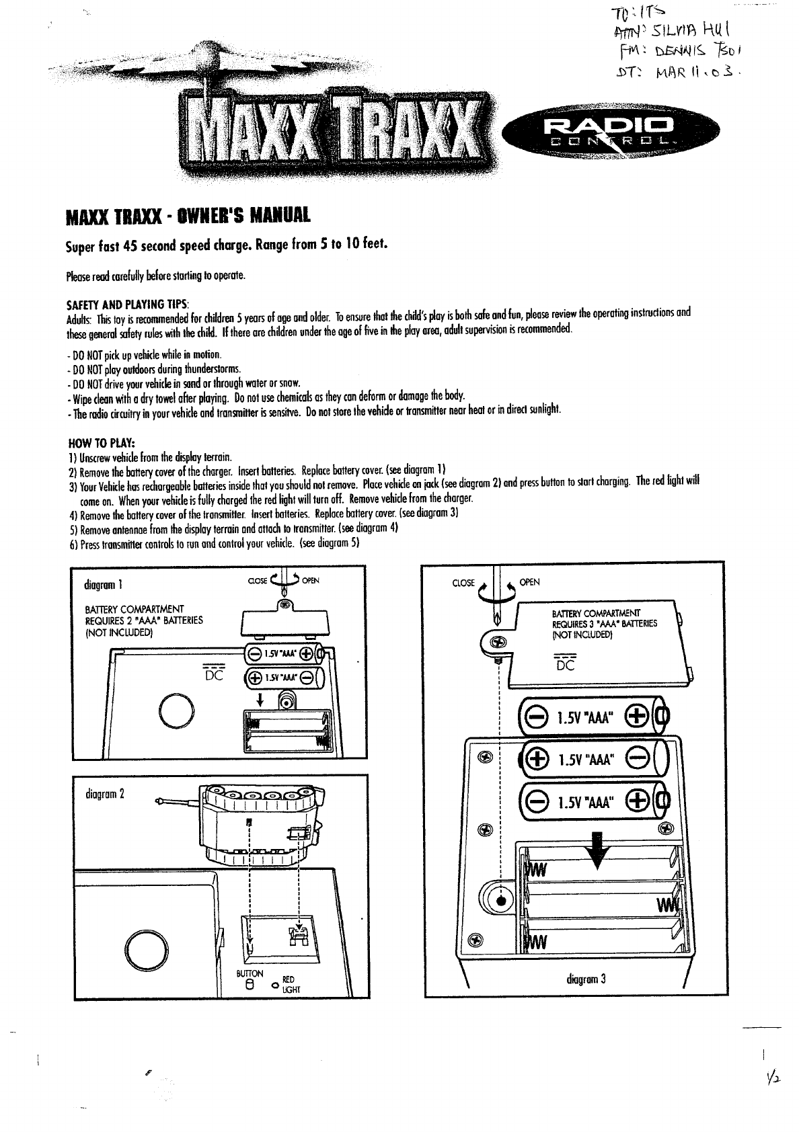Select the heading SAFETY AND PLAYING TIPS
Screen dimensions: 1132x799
pos(128,304)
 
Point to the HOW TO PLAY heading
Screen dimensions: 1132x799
pos(102,442)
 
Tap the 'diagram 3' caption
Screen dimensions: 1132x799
pos(586,979)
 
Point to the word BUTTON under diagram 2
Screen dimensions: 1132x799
pos(250,974)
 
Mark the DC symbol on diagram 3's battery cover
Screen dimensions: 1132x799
pos(566,662)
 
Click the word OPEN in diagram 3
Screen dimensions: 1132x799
pos(530,582)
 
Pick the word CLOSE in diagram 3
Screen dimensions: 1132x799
pos(463,583)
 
